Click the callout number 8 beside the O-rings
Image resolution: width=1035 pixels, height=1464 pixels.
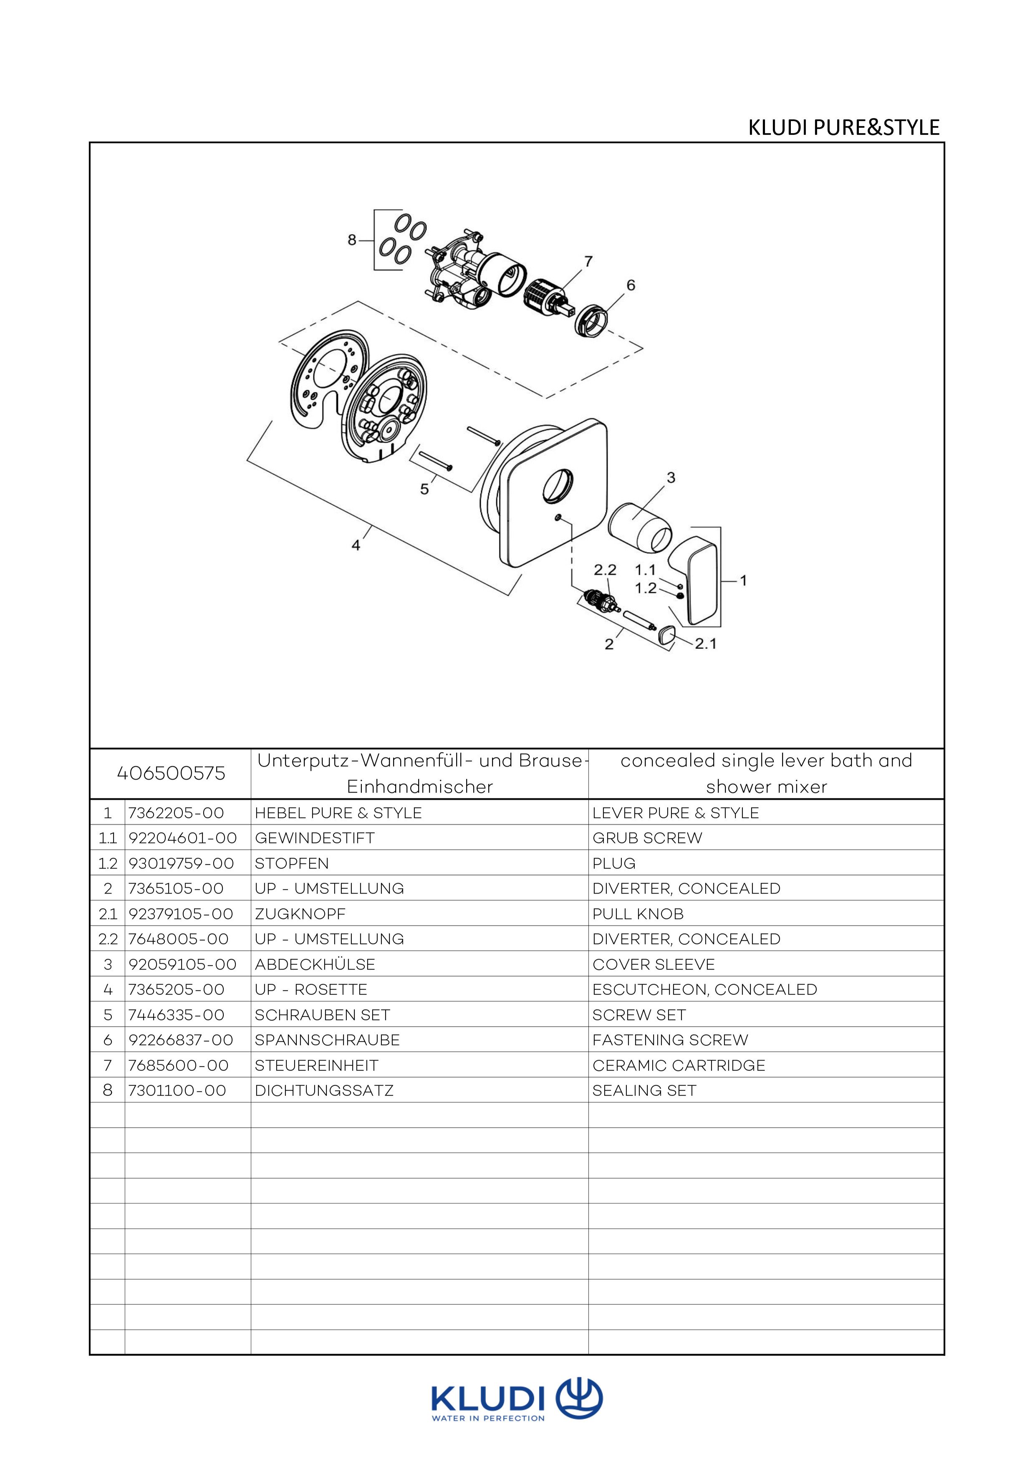pos(351,240)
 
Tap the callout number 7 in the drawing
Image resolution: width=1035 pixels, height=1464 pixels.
pos(588,261)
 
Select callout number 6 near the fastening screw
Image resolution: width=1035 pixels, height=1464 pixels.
pos(631,285)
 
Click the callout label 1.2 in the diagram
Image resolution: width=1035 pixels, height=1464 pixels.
pos(645,588)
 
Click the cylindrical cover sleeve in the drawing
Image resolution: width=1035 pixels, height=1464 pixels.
pos(640,528)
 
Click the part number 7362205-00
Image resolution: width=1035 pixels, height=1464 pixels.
pos(176,813)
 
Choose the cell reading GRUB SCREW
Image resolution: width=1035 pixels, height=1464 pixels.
pos(646,838)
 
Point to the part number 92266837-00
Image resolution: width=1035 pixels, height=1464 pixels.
pos(181,1040)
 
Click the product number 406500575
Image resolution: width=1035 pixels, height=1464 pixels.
pos(171,773)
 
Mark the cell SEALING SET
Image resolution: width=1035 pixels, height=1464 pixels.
pos(644,1090)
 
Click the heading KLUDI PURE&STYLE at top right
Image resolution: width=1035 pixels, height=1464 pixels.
pos(843,128)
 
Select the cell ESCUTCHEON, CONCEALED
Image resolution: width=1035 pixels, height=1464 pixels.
pos(704,989)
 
